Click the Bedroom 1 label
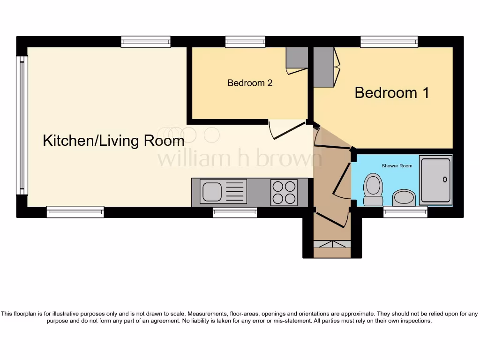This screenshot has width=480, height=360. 392,92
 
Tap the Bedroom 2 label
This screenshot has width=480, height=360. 250,83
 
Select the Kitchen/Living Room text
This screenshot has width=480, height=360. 113,141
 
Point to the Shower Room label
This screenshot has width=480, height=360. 397,166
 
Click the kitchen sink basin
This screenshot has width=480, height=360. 211,192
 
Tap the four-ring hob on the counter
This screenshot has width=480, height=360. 284,192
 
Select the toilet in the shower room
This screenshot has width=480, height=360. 373,188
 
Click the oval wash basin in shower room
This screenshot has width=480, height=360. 404,197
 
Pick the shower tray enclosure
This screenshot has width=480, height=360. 435,180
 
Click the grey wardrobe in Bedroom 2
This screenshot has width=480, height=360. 297,58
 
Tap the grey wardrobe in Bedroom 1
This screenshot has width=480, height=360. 323,67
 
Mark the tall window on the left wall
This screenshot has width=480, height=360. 22,125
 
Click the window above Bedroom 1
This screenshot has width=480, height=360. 389,42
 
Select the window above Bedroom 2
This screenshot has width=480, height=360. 245,42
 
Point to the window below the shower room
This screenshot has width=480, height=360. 405,212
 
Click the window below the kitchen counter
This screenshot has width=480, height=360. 234,212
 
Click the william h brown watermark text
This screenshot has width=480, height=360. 239,158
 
